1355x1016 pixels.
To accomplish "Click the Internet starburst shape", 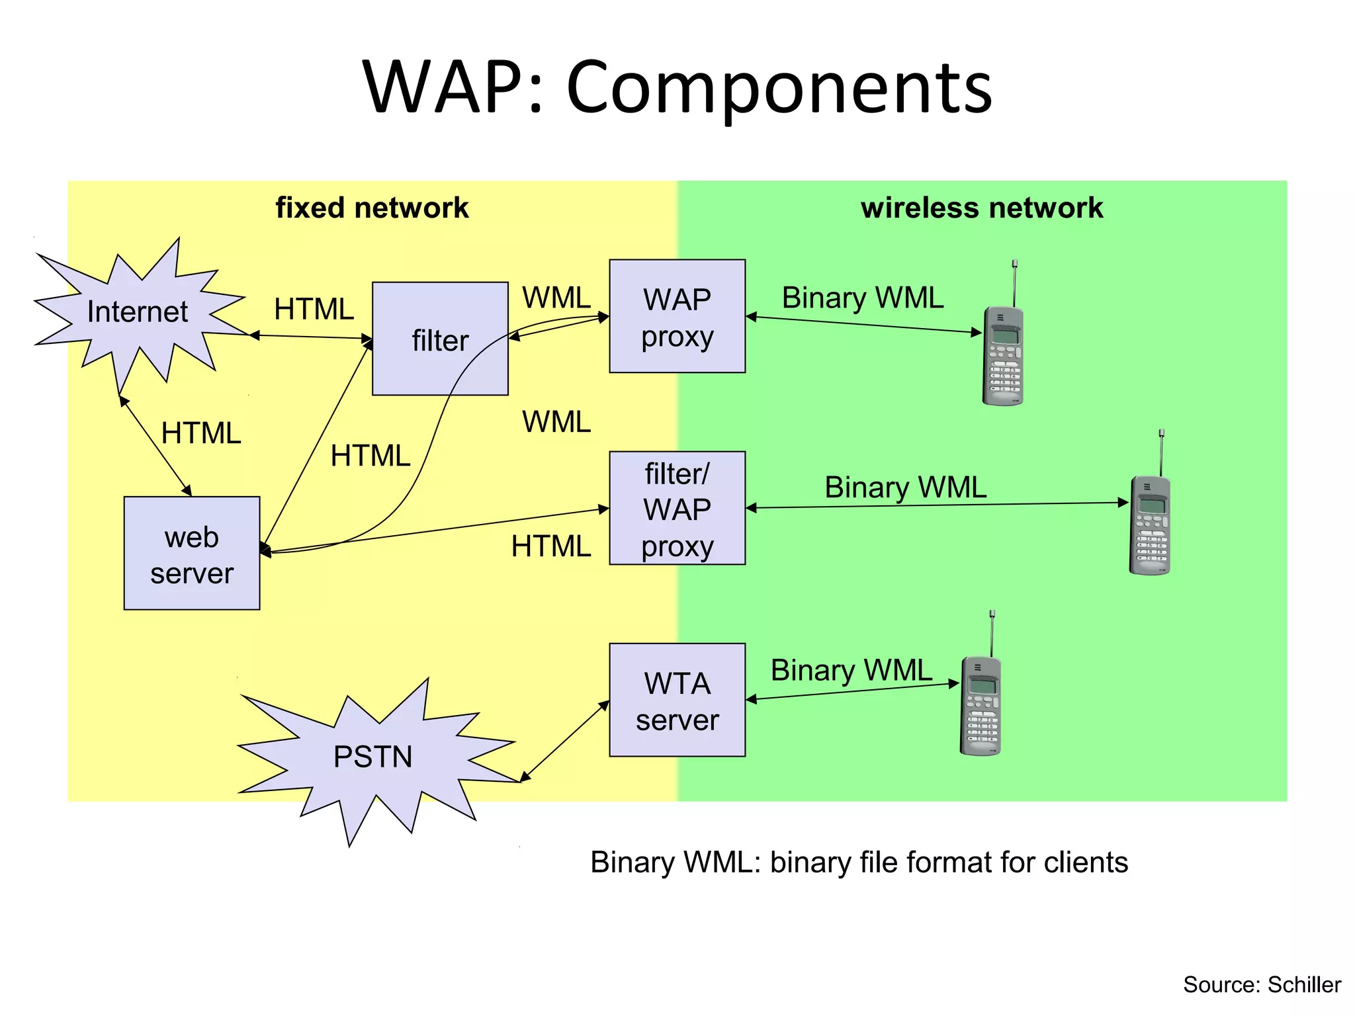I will click(x=138, y=312).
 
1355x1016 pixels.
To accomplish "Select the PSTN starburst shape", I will click(x=372, y=757).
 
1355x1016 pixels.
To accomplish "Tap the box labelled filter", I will click(x=440, y=339).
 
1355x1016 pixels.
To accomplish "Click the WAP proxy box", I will click(x=677, y=316).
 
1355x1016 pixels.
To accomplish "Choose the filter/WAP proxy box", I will click(x=677, y=508).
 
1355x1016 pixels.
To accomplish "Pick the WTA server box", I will click(x=677, y=700).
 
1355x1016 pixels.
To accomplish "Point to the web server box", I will click(x=192, y=553).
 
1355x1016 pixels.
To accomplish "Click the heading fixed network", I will click(x=372, y=208).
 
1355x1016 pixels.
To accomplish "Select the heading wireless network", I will click(x=981, y=208).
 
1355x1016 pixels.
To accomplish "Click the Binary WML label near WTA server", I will click(x=852, y=670).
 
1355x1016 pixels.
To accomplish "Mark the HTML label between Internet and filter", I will click(x=314, y=309).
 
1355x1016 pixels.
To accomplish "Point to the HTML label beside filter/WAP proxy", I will click(x=550, y=546).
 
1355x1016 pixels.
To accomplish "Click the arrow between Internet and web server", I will click(x=155, y=446).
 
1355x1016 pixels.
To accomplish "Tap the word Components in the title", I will click(x=779, y=87).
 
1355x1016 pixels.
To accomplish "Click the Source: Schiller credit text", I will click(x=1261, y=984).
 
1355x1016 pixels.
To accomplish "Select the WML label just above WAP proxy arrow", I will click(x=556, y=298).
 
